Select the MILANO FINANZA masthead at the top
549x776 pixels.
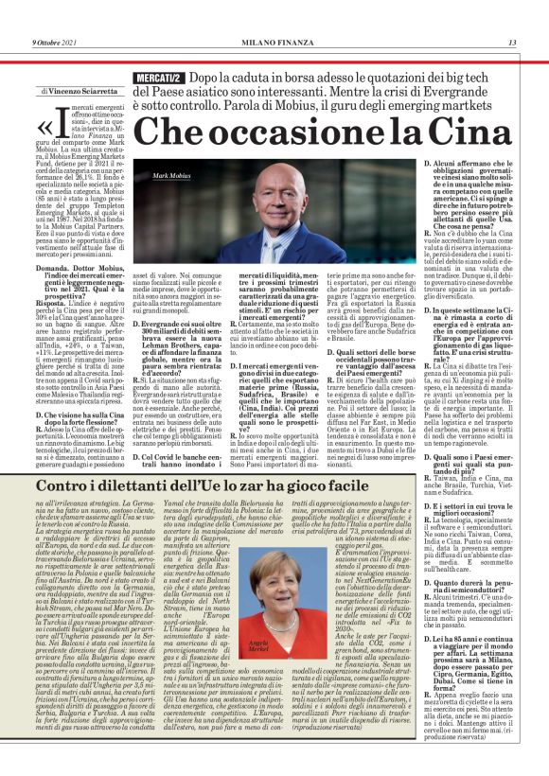pyautogui.click(x=274, y=43)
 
